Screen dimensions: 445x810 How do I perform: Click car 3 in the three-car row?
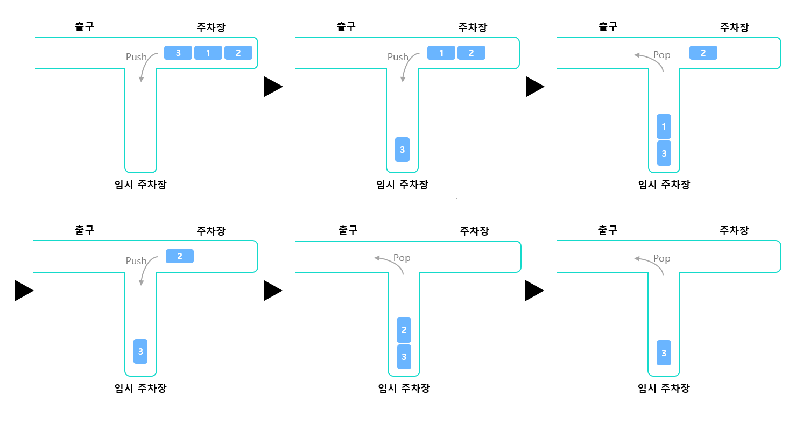pyautogui.click(x=178, y=53)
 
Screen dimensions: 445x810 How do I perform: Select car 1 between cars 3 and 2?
pyautogui.click(x=208, y=53)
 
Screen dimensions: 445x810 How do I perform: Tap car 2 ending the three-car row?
pyautogui.click(x=238, y=53)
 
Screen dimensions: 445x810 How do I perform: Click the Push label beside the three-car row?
pyautogui.click(x=136, y=57)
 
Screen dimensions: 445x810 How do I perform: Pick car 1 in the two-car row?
pyautogui.click(x=441, y=53)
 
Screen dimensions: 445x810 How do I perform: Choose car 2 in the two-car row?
pyautogui.click(x=471, y=53)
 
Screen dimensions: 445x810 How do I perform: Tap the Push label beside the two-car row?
pyautogui.click(x=398, y=57)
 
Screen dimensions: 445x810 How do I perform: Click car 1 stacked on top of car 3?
pyautogui.click(x=664, y=126)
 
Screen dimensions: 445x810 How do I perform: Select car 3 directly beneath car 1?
pyautogui.click(x=664, y=153)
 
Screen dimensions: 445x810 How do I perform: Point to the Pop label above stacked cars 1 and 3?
pyautogui.click(x=662, y=55)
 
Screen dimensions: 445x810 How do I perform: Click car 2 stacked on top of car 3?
pyautogui.click(x=404, y=330)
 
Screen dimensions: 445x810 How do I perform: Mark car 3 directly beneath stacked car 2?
pyautogui.click(x=404, y=357)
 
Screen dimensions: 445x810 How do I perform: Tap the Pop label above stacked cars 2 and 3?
pyautogui.click(x=402, y=258)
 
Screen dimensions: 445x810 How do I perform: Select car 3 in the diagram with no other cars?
pyautogui.click(x=664, y=353)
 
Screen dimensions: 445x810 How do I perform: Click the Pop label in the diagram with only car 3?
pyautogui.click(x=662, y=258)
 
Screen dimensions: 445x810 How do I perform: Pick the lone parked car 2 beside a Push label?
pyautogui.click(x=180, y=256)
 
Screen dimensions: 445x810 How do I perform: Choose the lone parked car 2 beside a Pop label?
pyautogui.click(x=703, y=53)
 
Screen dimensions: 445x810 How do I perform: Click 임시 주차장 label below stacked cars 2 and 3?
pyautogui.click(x=404, y=388)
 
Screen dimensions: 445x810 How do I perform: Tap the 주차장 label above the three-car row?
pyautogui.click(x=211, y=27)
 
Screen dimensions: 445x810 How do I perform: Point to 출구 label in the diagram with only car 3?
pyautogui.click(x=608, y=230)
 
